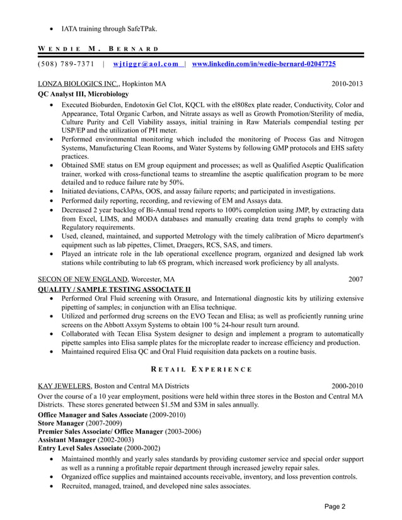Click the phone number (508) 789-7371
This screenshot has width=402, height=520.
click(66, 64)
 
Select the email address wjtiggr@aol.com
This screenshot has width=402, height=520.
click(145, 64)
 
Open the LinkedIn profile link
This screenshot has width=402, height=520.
click(263, 64)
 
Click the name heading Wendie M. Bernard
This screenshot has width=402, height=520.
click(98, 48)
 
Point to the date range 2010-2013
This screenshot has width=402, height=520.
click(347, 84)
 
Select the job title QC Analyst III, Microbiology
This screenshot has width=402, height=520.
click(83, 94)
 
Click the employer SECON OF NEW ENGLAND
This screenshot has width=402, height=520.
click(83, 279)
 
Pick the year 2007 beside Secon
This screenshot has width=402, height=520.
click(356, 279)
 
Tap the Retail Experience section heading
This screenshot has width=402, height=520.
click(200, 370)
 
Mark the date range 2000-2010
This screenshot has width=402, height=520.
click(347, 386)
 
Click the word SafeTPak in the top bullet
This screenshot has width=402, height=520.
click(139, 29)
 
